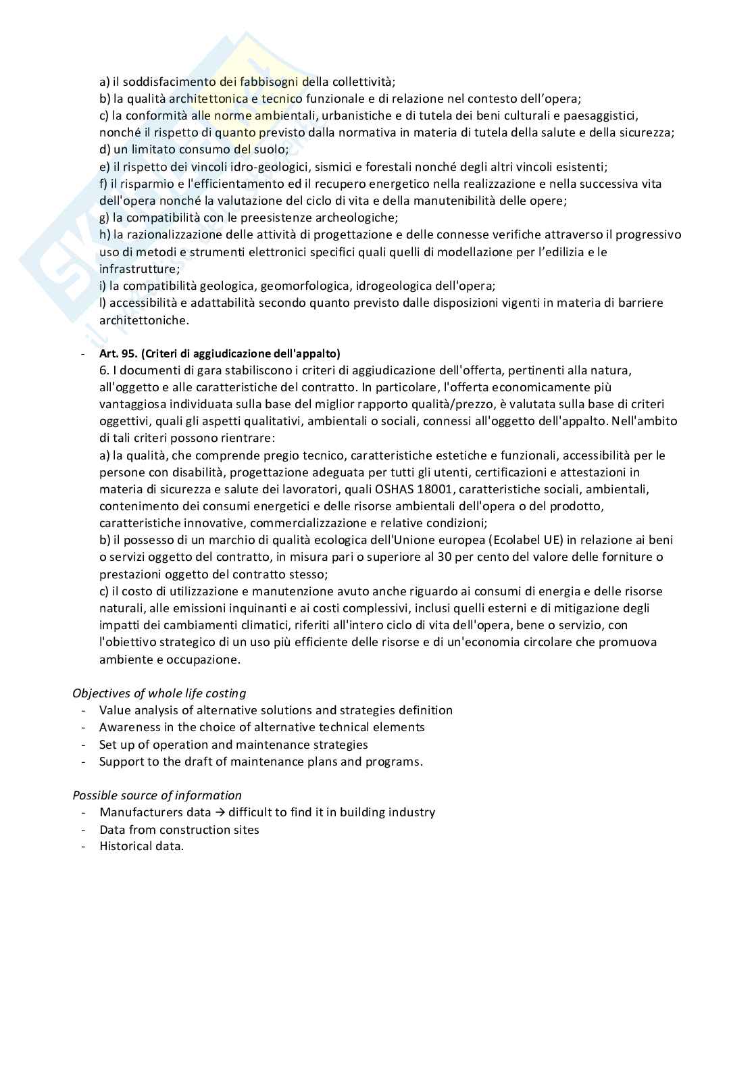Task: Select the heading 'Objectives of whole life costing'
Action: click(159, 693)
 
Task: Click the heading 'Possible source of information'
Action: click(157, 795)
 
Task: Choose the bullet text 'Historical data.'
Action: click(141, 846)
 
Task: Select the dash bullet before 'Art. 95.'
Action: click(82, 353)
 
